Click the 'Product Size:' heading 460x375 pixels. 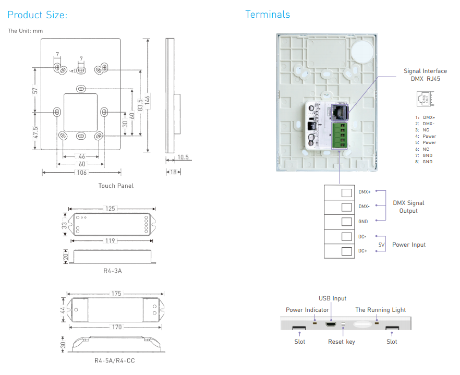point(37,15)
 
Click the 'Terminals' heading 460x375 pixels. point(268,15)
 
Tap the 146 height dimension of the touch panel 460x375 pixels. point(147,100)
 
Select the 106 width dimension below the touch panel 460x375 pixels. point(82,173)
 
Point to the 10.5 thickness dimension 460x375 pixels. point(183,157)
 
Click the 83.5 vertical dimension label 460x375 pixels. point(140,105)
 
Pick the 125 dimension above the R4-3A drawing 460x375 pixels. point(110,209)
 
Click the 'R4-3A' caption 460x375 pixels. point(112,271)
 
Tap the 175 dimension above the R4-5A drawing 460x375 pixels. point(116,294)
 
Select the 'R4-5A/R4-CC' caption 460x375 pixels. point(115,360)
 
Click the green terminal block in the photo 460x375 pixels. point(339,136)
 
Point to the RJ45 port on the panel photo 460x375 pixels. point(340,112)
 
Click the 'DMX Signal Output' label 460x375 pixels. point(408,207)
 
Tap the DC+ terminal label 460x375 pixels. point(362,251)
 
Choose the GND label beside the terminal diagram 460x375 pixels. point(363,222)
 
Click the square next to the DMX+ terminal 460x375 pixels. point(346,192)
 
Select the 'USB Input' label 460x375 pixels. point(332,298)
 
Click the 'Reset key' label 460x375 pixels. point(342,342)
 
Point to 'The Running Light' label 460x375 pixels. point(381,310)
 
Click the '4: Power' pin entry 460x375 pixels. point(426,136)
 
